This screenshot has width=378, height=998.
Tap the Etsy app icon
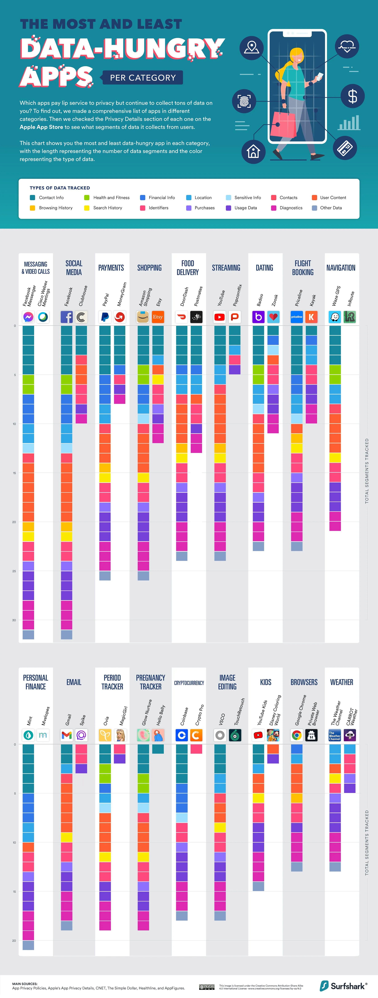(x=158, y=317)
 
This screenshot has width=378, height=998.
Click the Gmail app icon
(x=67, y=735)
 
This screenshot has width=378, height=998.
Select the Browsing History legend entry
(x=55, y=208)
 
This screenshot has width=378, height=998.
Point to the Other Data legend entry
(x=331, y=208)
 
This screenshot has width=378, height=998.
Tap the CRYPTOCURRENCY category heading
(x=189, y=683)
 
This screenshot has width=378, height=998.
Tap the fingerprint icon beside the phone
(x=244, y=101)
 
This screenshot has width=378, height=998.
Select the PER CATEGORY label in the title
(x=143, y=78)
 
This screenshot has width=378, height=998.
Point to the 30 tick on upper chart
(x=14, y=620)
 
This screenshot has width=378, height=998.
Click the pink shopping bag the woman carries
(x=283, y=124)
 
